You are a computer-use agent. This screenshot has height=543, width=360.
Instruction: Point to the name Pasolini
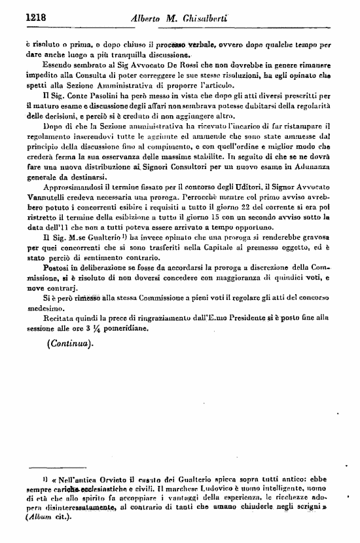(x=84, y=95)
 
